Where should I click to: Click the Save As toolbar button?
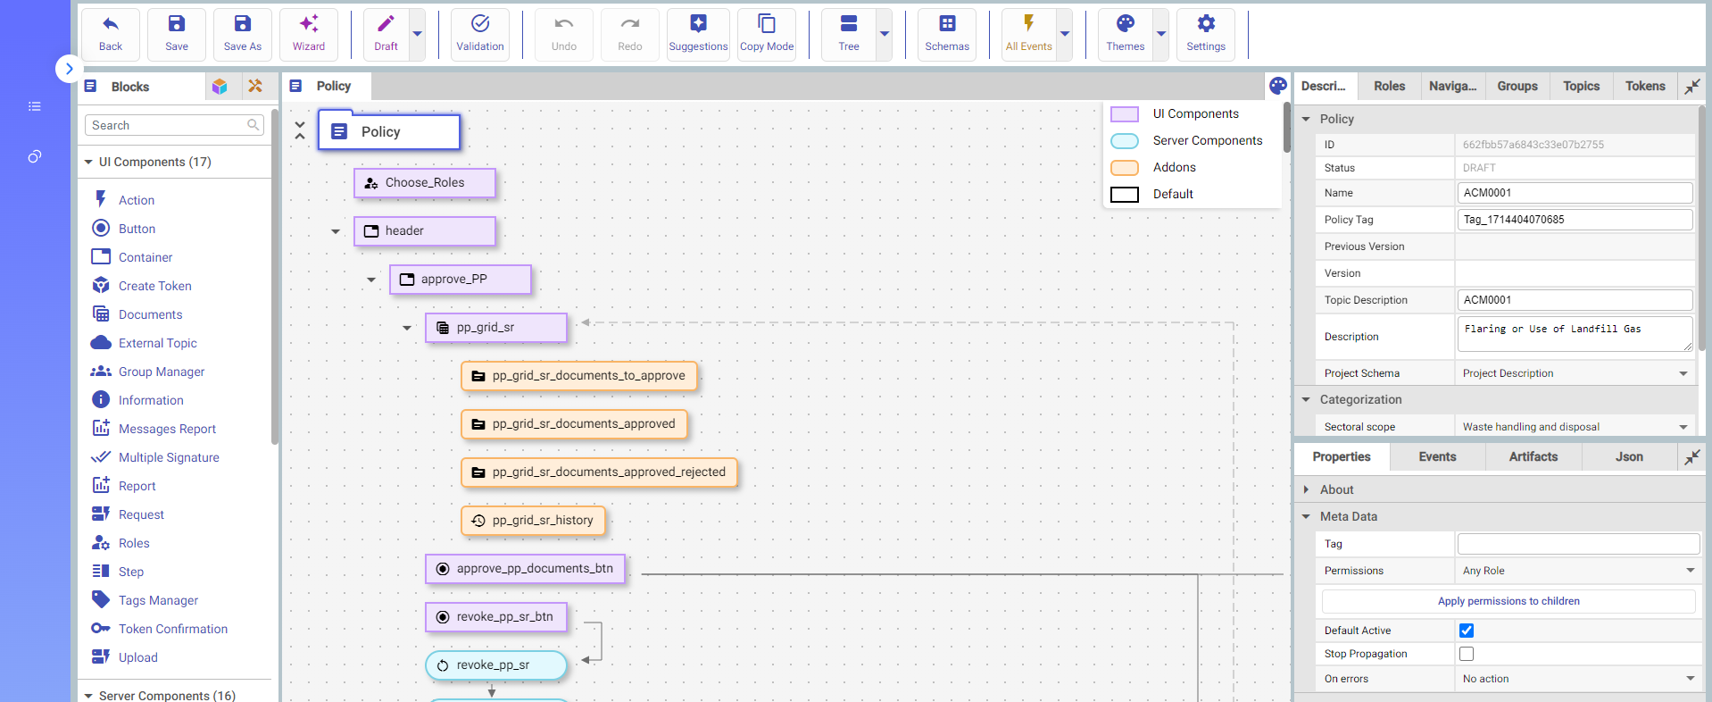click(242, 34)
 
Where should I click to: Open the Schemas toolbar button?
click(946, 34)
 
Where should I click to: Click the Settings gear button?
click(1205, 34)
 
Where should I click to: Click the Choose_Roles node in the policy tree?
click(425, 183)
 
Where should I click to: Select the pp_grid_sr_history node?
click(533, 521)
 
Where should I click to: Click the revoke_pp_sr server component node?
click(496, 665)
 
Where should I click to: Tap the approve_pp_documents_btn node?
click(525, 569)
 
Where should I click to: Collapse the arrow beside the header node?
click(336, 231)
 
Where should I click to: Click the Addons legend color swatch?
click(1125, 168)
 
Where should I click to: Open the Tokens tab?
click(1645, 86)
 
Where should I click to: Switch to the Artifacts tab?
click(1533, 456)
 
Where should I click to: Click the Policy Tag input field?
click(1575, 220)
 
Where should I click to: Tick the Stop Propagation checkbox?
click(1467, 654)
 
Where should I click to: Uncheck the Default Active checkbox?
click(1467, 631)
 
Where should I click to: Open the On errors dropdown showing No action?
click(1576, 679)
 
